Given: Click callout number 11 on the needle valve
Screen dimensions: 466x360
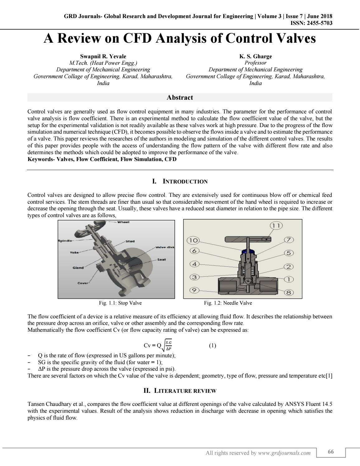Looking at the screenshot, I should pyautogui.click(x=276, y=226).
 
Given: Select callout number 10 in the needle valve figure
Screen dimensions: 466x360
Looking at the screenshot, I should pyautogui.click(x=193, y=240).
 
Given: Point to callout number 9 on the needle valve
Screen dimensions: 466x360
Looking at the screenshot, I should pyautogui.click(x=194, y=290).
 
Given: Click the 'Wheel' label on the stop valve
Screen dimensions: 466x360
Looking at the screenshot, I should pyautogui.click(x=123, y=222).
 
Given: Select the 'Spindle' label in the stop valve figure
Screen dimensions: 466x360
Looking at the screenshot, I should pyautogui.click(x=65, y=241).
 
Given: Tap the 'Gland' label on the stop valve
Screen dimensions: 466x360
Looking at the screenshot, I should pyautogui.click(x=78, y=268).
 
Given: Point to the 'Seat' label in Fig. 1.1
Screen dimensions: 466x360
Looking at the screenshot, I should pyautogui.click(x=162, y=259).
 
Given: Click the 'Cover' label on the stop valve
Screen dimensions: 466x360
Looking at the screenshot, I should pyautogui.click(x=83, y=283).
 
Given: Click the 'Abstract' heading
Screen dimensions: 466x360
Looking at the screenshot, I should pyautogui.click(x=180, y=97).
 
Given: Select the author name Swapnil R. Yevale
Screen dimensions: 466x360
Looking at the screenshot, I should pyautogui.click(x=103, y=56).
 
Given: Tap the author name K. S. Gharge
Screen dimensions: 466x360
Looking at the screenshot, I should pyautogui.click(x=255, y=56).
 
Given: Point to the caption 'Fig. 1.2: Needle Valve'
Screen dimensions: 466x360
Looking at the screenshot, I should pyautogui.click(x=228, y=303).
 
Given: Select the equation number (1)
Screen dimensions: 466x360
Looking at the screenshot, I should pyautogui.click(x=212, y=345).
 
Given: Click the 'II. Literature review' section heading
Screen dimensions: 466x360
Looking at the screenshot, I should pyautogui.click(x=180, y=391).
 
